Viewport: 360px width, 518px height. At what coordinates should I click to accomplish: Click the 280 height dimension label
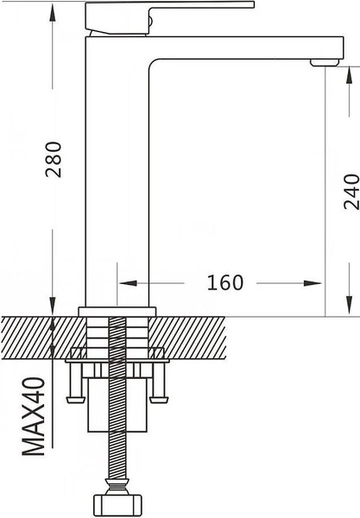[54, 160]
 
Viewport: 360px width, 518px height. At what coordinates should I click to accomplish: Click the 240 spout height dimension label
[351, 192]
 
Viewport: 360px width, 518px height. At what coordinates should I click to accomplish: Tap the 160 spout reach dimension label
[225, 283]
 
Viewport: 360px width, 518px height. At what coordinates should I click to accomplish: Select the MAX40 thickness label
[34, 417]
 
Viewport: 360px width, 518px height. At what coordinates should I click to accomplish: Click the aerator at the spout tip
[325, 62]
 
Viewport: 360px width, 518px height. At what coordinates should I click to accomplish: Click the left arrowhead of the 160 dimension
[128, 283]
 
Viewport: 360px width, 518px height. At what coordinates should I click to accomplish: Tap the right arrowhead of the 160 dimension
[313, 283]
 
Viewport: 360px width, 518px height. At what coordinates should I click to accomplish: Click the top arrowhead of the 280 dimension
[52, 13]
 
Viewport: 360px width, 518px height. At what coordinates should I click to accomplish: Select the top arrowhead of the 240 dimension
[349, 76]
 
